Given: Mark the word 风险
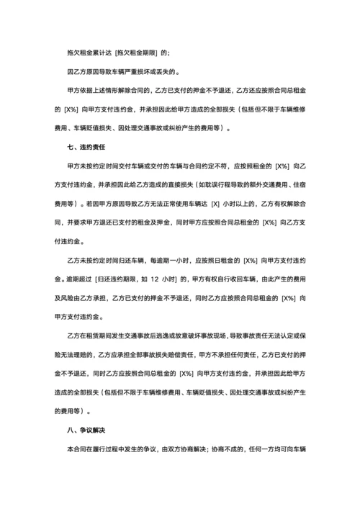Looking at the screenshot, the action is tap(69, 297).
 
